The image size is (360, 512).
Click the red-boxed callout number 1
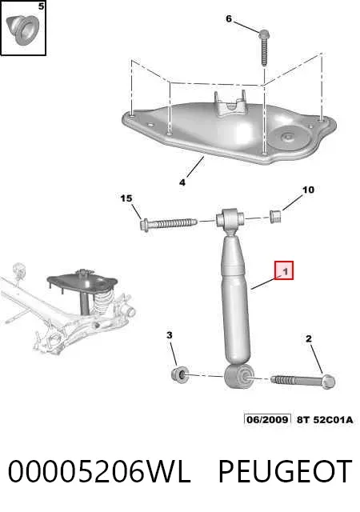coord(284,270)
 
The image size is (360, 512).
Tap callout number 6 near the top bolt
coord(229,19)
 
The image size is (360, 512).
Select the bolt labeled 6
coord(264,47)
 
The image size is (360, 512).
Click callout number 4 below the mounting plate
coord(182,182)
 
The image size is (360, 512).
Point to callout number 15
coord(126,198)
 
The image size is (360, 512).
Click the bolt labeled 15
coord(168,224)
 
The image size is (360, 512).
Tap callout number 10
coord(308,190)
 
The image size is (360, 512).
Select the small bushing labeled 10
coord(276,217)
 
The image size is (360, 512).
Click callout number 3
coord(170,335)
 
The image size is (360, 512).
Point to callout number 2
coord(309,339)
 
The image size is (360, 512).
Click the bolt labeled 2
coord(303,381)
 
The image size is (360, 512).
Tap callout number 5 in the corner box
coord(41,6)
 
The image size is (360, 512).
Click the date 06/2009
coord(267,419)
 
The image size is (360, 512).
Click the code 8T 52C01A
coord(325,419)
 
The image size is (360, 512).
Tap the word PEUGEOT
coord(285,471)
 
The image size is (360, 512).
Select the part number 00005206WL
coord(99,471)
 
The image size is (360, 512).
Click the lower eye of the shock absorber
coord(239,377)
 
